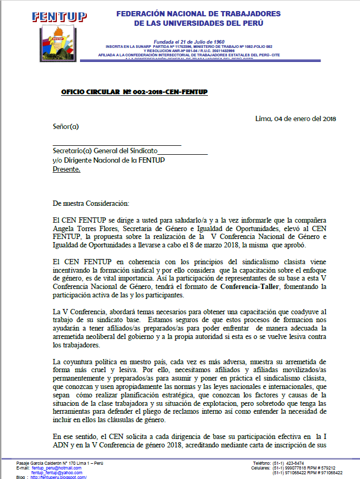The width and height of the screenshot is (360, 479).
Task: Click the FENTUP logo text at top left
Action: click(x=59, y=16)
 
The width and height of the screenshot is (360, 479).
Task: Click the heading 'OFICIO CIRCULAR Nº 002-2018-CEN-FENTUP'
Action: click(x=134, y=93)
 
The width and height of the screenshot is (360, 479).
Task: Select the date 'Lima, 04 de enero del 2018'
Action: click(x=295, y=118)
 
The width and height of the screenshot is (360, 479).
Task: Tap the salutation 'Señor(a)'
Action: click(x=66, y=126)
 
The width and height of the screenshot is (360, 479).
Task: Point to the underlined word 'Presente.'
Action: click(x=67, y=169)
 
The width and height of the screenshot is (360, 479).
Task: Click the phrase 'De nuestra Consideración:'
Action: click(x=91, y=203)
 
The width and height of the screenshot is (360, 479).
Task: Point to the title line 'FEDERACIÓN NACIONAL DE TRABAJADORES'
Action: click(x=198, y=14)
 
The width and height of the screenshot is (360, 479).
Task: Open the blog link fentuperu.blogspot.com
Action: click(x=58, y=477)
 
